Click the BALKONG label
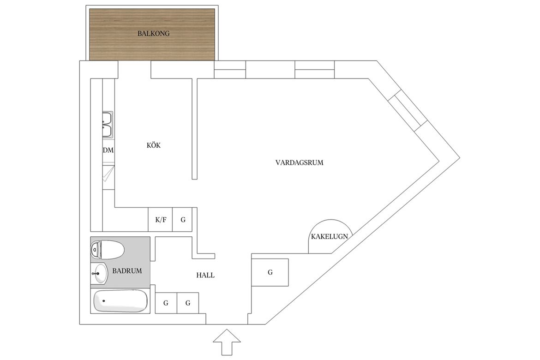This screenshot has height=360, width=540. (154, 34)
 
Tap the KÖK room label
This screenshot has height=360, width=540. (154, 145)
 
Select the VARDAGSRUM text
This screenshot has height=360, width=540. (299, 162)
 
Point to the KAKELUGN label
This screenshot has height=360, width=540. (330, 237)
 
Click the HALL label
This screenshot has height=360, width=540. (205, 275)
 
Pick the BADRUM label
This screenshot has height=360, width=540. (127, 271)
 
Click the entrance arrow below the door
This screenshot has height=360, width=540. (227, 342)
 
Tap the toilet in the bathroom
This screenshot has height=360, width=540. (107, 250)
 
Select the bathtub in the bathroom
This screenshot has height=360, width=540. (120, 301)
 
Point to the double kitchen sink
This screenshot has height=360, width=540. (108, 125)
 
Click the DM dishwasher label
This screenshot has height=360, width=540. (108, 150)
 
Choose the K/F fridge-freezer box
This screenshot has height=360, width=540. (161, 219)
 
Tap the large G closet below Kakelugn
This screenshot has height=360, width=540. (270, 272)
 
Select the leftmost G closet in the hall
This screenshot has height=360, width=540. (166, 303)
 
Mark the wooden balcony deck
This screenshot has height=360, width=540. (152, 35)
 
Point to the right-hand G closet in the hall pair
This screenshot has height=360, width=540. (188, 303)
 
